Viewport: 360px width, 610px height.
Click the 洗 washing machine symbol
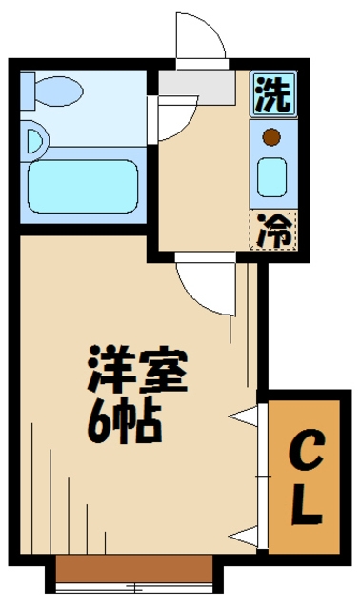[273, 94]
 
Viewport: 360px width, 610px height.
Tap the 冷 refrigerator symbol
[273, 229]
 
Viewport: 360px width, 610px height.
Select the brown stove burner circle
[272, 135]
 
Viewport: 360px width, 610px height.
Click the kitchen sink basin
[273, 173]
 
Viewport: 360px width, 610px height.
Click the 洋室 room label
[138, 369]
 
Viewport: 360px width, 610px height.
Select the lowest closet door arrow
[245, 535]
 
